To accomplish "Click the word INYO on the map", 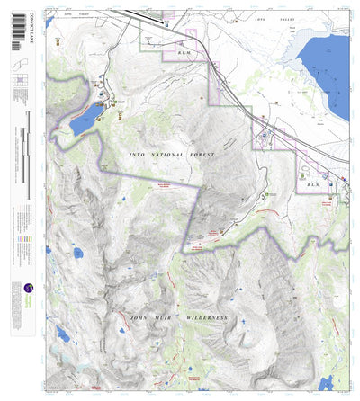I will click(137, 156).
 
